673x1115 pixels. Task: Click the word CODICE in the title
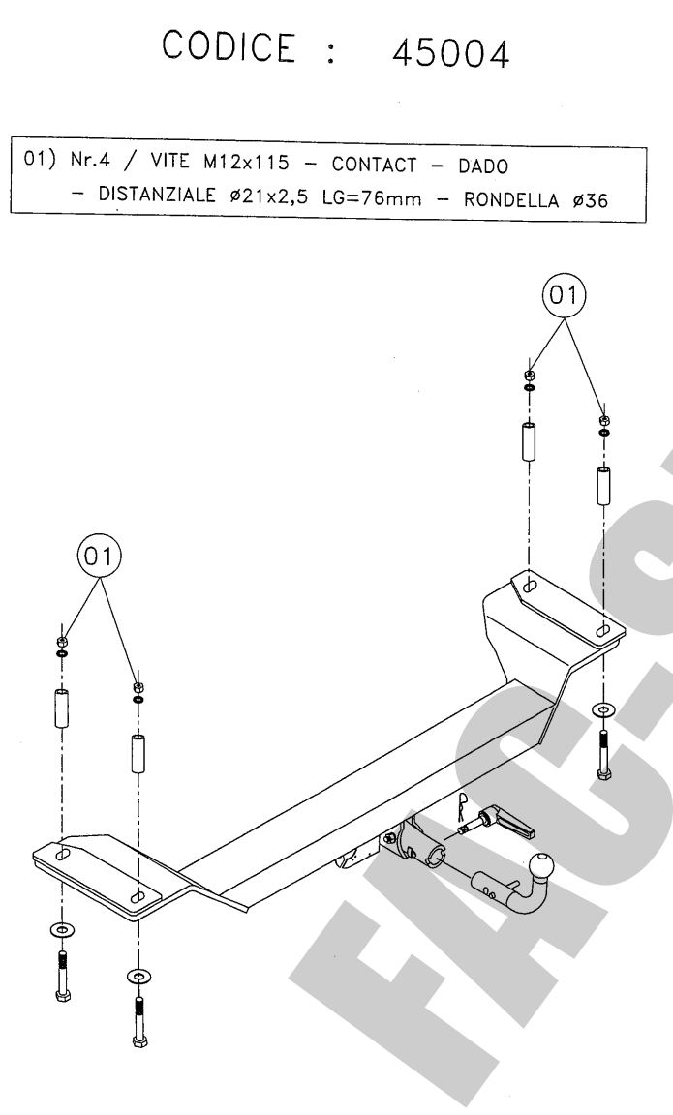pos(228,46)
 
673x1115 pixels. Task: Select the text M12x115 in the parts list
pos(246,163)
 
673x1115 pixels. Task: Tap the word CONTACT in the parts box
pos(374,165)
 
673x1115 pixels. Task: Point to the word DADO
pos(483,166)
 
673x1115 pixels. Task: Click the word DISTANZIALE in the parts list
pos(157,194)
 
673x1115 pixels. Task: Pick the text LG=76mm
pos(371,197)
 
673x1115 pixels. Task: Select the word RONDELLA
pos(511,199)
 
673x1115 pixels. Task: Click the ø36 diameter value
pos(590,200)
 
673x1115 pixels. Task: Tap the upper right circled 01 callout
pos(565,294)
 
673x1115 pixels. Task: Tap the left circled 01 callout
pos(99,557)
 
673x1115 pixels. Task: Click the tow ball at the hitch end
pos(540,867)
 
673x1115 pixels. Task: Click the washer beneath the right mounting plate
pos(604,709)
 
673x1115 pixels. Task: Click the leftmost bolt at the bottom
pos(63,976)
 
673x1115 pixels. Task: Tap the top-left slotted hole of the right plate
pos(530,586)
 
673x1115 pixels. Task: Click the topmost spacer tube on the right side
pos(529,441)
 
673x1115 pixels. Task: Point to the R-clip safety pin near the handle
pos(463,805)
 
